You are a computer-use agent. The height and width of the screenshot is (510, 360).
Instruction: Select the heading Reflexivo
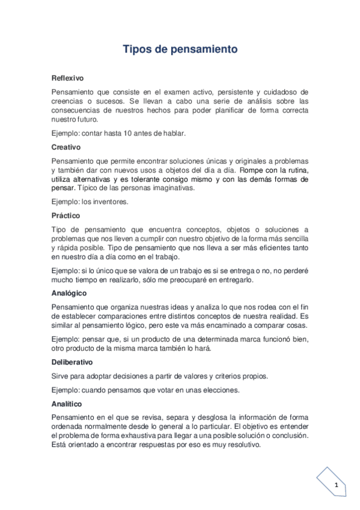pos(67,78)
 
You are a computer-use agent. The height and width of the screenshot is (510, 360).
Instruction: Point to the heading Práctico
pos(66,215)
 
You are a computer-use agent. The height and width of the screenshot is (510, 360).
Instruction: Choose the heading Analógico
pos(70,293)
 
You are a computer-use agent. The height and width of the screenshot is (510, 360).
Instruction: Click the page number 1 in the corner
pos(337,485)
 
